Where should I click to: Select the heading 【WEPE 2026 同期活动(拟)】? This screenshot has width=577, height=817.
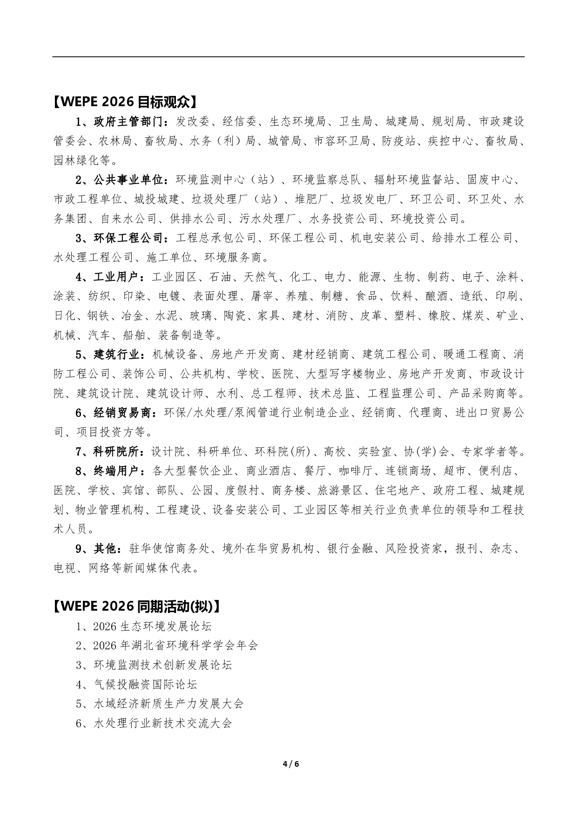pyautogui.click(x=136, y=606)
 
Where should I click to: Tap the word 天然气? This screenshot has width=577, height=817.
pyautogui.click(x=261, y=277)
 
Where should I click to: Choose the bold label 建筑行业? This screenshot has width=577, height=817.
pyautogui.click(x=116, y=354)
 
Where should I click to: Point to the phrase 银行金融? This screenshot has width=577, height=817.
pyautogui.click(x=350, y=549)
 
